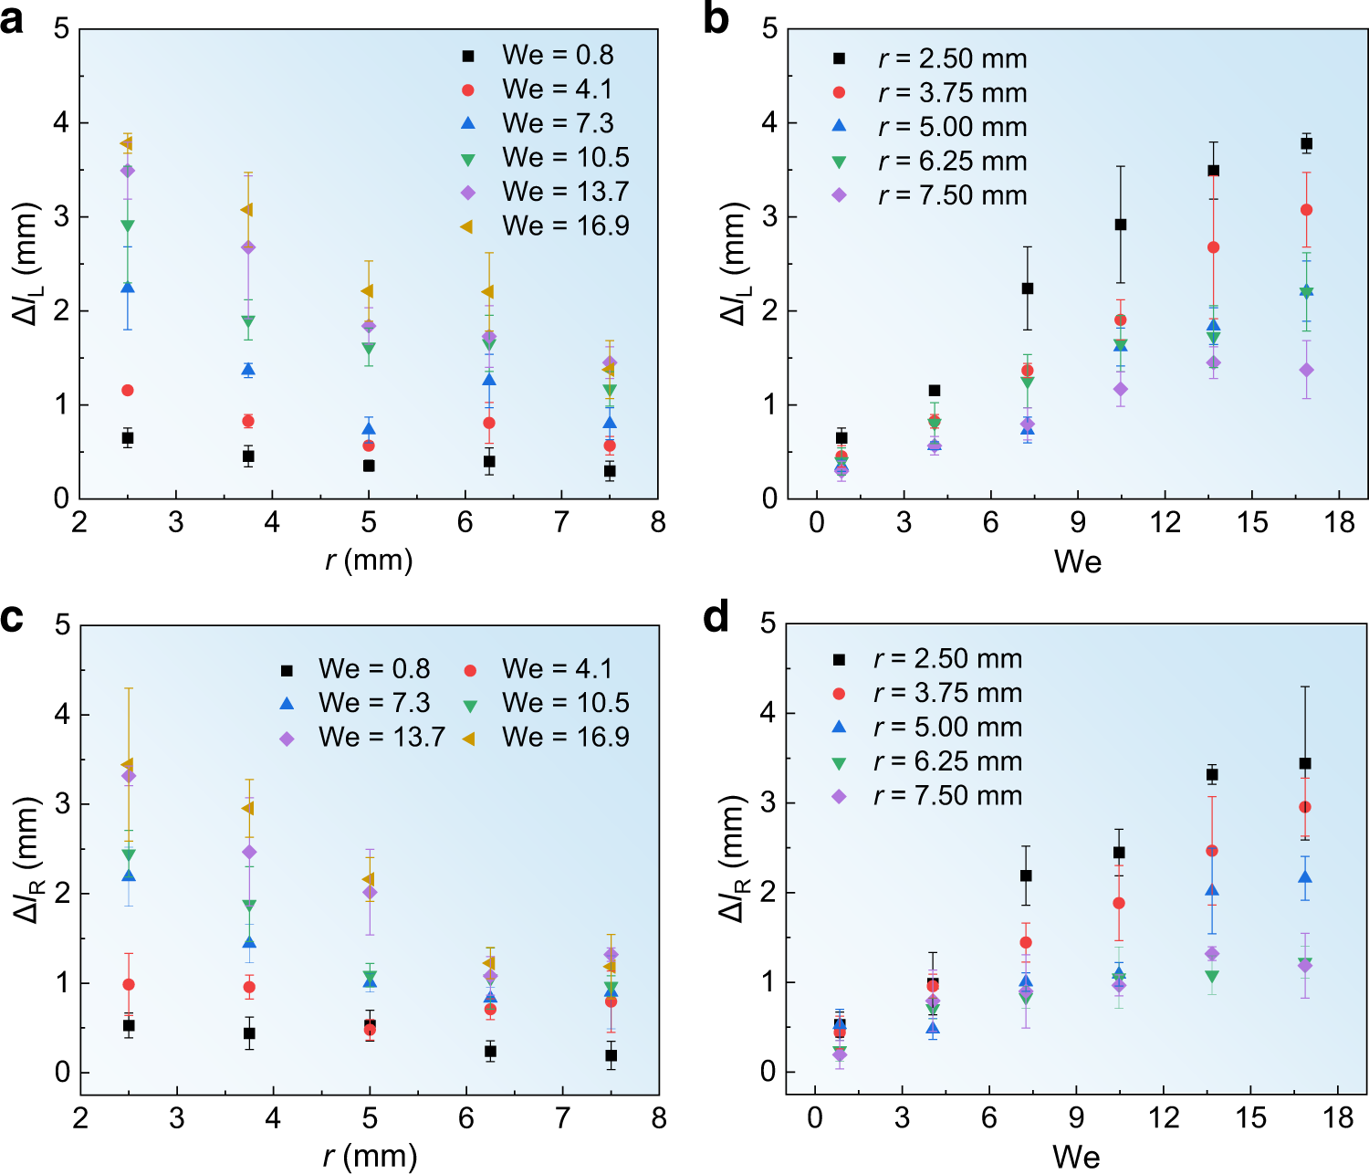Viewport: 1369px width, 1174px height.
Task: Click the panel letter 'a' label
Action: point(13,20)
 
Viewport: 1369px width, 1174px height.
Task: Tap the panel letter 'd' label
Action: point(716,617)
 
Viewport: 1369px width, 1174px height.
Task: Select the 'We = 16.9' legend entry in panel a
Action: point(546,225)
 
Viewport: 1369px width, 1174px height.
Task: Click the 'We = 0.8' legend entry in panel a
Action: point(538,55)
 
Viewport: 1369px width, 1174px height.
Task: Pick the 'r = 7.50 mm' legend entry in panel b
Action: point(932,195)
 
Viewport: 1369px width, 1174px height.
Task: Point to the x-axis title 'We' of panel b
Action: point(1077,561)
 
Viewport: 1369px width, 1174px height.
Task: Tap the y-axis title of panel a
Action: point(26,264)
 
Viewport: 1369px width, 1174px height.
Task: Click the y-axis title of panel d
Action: point(734,858)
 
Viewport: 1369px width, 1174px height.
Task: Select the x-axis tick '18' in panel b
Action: point(1340,523)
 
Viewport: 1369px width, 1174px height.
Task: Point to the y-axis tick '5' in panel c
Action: point(62,624)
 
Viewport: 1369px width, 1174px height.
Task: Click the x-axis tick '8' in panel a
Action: point(658,523)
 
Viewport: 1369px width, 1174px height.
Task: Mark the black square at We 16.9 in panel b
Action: point(1306,143)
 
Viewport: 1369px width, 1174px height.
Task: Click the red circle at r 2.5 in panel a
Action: point(128,391)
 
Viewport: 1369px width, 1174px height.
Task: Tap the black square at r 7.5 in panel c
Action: point(611,1055)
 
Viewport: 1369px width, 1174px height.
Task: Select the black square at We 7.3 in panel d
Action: point(1026,875)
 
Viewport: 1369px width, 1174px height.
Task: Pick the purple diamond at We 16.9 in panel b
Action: point(1306,370)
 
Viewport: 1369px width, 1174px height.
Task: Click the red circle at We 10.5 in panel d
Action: point(1119,903)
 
